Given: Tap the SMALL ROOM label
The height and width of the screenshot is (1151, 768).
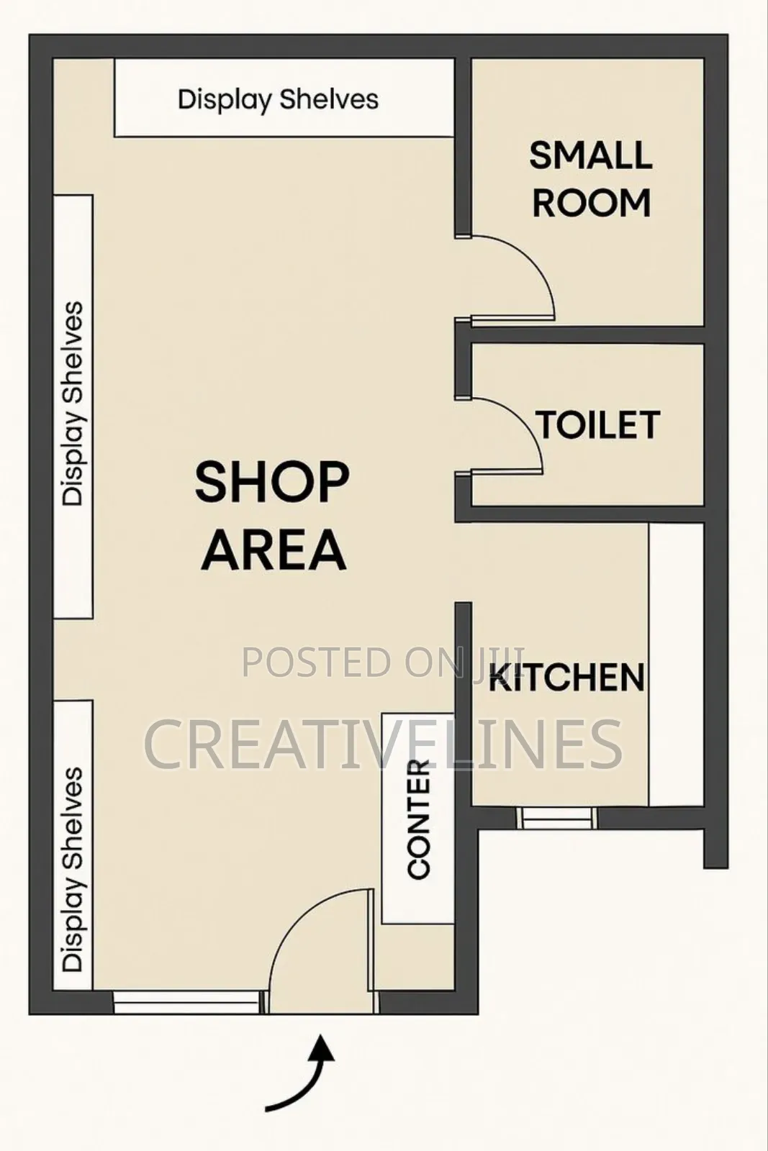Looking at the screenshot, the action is [x=591, y=179].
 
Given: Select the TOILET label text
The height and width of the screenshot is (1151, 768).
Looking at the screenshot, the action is [x=598, y=425].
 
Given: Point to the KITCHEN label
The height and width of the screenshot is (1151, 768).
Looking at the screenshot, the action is [x=567, y=677].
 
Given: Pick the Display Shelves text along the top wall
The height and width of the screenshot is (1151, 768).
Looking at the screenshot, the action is [x=278, y=99].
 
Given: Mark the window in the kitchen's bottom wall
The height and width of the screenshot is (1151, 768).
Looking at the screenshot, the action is [x=557, y=817].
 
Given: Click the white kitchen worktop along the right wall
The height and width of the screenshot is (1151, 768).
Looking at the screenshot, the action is [x=676, y=665].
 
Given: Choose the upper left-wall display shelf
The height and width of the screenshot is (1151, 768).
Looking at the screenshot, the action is [x=73, y=406].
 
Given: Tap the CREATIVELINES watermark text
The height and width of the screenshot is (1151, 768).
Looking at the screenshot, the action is [x=384, y=744].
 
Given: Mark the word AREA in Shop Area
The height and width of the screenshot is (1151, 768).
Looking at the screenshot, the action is [x=274, y=550].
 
